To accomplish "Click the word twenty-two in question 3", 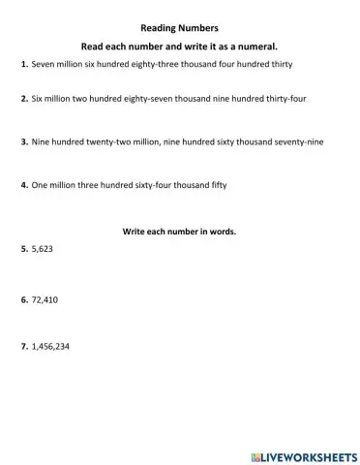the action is point(115,141).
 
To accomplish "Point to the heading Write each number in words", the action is point(179,232).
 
